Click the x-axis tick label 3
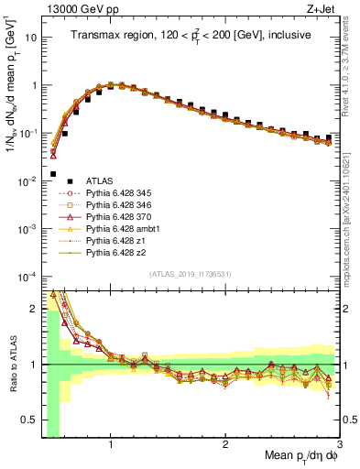[339, 445]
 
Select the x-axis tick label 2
[225, 445]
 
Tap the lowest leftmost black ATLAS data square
[53, 173]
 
